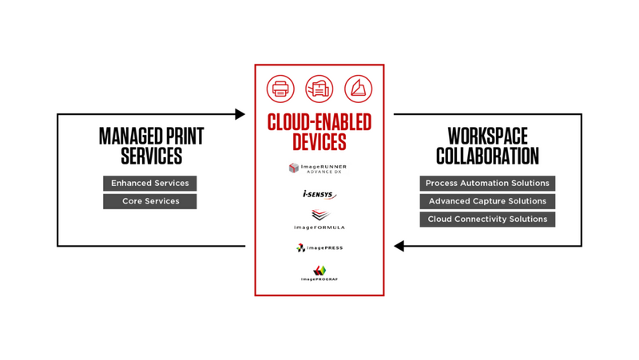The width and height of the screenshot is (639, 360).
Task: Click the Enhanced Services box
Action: [x=150, y=184]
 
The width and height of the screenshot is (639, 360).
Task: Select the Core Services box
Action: [x=150, y=201]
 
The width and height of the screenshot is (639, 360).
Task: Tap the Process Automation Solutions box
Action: [x=487, y=184]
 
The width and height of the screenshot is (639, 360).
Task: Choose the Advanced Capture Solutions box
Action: [x=487, y=201]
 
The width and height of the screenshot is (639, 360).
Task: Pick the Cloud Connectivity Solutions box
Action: [x=487, y=219]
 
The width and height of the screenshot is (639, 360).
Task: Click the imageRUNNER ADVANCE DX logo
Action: [x=319, y=168]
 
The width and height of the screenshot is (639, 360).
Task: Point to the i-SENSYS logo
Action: [x=319, y=194]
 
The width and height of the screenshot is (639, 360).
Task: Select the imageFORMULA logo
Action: [x=319, y=220]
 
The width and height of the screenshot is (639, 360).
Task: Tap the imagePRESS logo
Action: [x=319, y=248]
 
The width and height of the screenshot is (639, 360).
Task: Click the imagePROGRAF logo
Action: [x=319, y=273]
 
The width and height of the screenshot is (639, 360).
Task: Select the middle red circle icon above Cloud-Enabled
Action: [x=319, y=89]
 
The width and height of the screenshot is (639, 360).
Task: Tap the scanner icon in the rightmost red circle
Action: [x=358, y=89]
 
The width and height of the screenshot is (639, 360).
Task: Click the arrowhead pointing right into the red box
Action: [x=240, y=114]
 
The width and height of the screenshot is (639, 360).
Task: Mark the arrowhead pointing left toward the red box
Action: [x=399, y=247]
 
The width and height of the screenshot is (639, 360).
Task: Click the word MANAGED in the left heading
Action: [x=124, y=136]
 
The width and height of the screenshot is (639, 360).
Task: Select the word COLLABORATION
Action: [x=487, y=156]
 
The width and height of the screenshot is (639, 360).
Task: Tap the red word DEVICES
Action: [x=319, y=143]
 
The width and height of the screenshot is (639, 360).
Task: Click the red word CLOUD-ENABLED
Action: [x=319, y=123]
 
